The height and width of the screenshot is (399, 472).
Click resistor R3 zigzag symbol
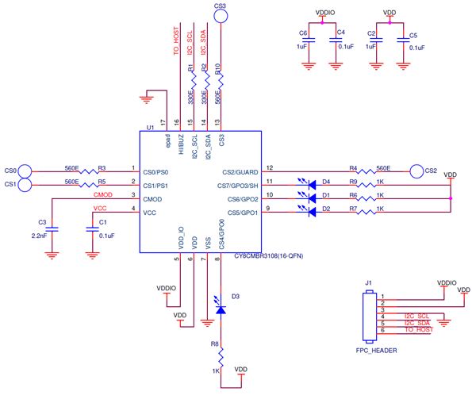click(89, 171)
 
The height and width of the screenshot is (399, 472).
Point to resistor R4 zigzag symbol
click(366, 171)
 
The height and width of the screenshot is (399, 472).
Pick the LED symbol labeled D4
click(308, 184)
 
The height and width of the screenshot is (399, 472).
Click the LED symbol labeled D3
click(221, 306)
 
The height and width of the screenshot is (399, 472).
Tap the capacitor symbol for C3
click(52, 229)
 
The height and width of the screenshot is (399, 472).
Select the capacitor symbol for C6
click(309, 40)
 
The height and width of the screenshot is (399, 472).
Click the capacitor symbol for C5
click(403, 40)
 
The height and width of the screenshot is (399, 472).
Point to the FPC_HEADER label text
click(376, 351)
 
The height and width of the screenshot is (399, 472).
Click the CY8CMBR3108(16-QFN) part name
click(268, 256)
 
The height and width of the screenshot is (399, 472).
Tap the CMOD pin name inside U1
click(152, 199)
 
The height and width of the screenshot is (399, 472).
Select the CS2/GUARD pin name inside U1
click(240, 172)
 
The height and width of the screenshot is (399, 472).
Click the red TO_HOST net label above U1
click(176, 41)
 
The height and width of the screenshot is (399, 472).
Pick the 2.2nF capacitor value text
click(40, 236)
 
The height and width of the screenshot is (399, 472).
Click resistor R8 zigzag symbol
click(221, 357)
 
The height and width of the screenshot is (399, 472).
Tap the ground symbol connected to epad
click(147, 100)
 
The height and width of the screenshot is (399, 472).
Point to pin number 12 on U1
click(270, 167)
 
